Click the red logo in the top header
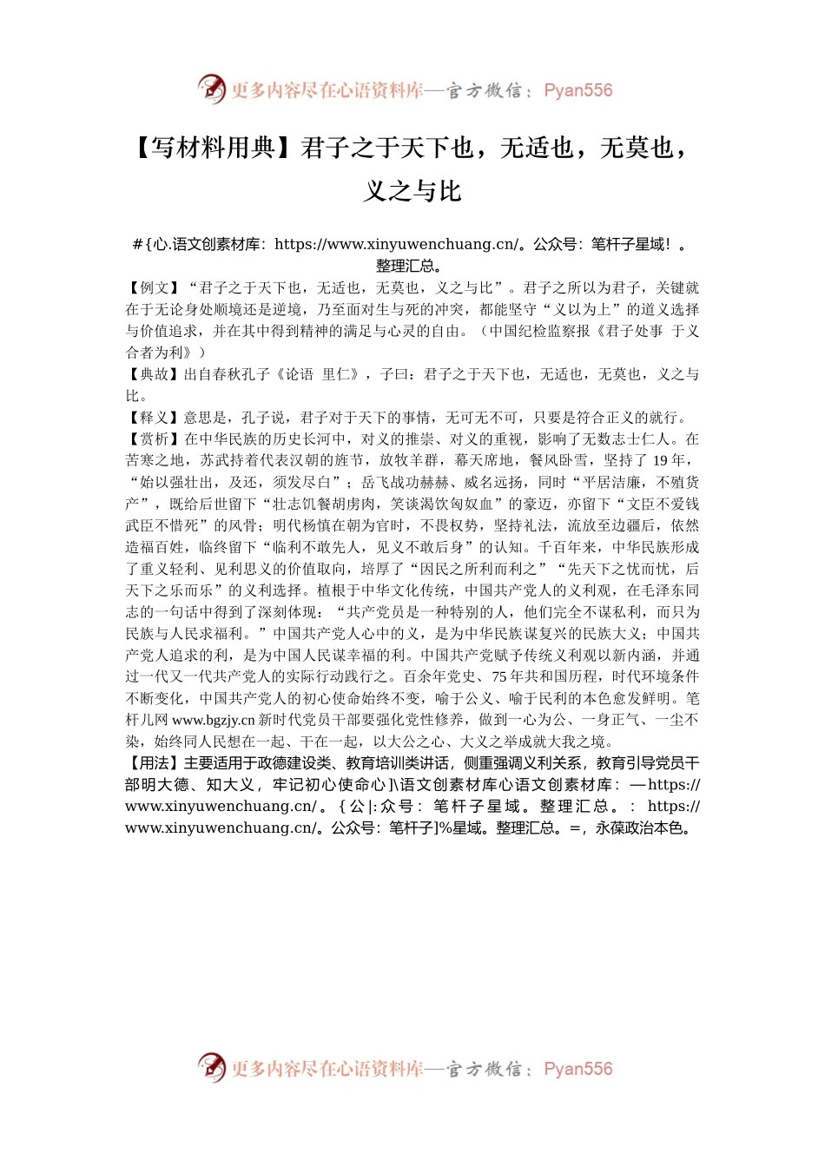[212, 89]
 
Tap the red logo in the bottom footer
[212, 1068]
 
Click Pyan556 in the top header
[577, 90]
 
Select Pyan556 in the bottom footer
[577, 1069]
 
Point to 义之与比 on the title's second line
[412, 191]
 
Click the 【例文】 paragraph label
[154, 287]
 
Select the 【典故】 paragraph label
[154, 374]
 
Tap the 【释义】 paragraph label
[154, 418]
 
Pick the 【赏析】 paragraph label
[154, 439]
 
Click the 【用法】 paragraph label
[154, 763]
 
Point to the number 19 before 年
[661, 460]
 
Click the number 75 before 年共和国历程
[500, 676]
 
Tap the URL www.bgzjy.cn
[214, 720]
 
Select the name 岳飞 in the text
[376, 482]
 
